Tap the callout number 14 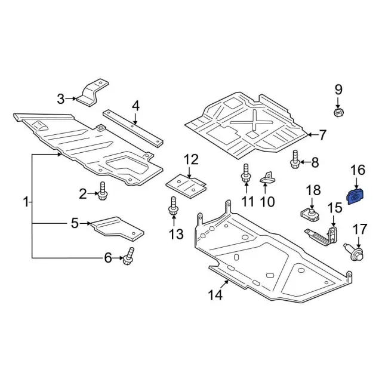[215, 294]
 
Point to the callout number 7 [323, 135]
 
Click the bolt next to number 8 [295, 160]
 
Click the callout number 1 [26, 203]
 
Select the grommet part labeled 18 [309, 214]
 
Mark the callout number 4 [135, 106]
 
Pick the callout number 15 [334, 208]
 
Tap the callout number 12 [190, 159]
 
